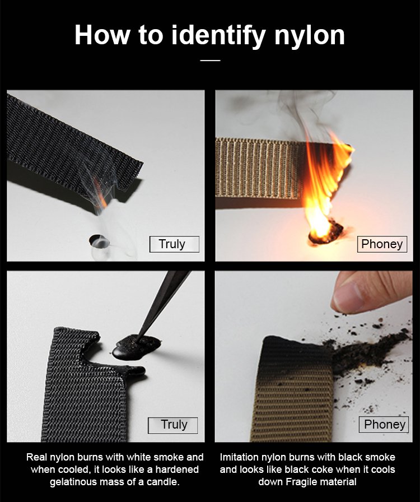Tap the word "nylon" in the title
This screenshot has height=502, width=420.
pos(310,35)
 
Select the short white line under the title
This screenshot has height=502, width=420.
pos(211,60)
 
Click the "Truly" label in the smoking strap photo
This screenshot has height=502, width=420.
pos(174,244)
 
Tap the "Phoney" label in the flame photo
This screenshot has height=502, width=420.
pos(382,244)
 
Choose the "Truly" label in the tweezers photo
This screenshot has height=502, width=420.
pos(172,425)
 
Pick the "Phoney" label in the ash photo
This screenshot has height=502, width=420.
pos(384,425)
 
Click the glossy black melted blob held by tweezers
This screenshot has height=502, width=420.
pos(137,346)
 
